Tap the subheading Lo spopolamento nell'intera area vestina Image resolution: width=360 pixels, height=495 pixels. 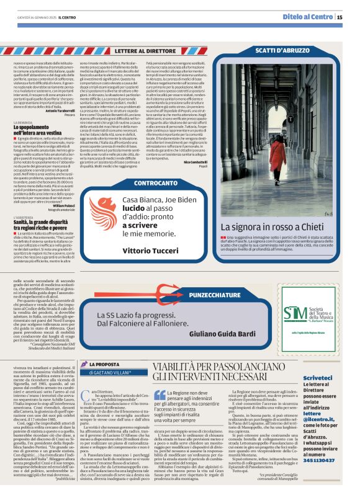click(x=43, y=130)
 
